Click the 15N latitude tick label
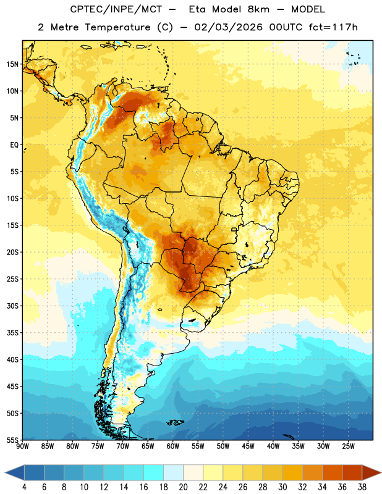tap(12, 64)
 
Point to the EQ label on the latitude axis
tap(14, 145)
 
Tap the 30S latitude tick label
tap(12, 306)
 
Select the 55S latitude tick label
tap(12, 440)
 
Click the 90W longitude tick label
tap(22, 446)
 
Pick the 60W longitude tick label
tap(173, 446)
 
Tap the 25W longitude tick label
tap(348, 446)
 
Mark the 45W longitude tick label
tap(248, 446)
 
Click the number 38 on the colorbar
tap(362, 487)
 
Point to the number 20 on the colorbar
tap(183, 487)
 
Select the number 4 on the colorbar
tap(24, 487)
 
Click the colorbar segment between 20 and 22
tap(193, 472)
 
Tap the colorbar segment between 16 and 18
tap(153, 472)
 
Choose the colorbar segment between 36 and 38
tap(352, 472)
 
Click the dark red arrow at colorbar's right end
tap(371, 472)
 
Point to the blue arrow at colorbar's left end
tap(14, 472)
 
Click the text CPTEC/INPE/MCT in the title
tap(116, 9)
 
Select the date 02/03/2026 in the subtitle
tap(228, 27)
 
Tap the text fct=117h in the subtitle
tap(333, 27)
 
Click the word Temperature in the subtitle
tap(117, 27)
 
